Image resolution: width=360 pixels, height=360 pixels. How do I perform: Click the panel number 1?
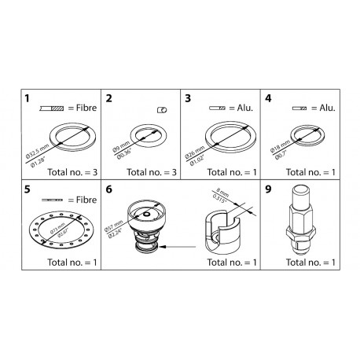[x=27, y=100]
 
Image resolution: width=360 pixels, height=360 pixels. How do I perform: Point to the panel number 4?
[x=269, y=100]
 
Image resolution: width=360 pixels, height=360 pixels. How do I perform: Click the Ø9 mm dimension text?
[x=115, y=141]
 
